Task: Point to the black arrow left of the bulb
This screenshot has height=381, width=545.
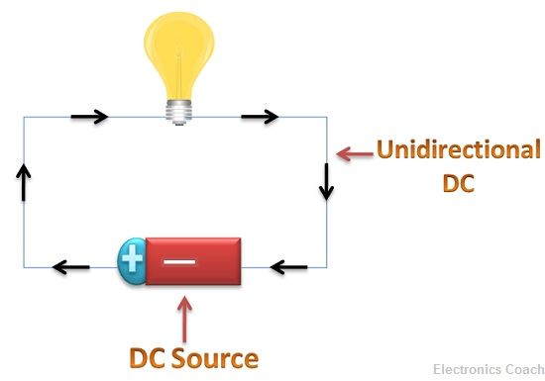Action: click(89, 117)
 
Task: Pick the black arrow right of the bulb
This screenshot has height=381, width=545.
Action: click(261, 117)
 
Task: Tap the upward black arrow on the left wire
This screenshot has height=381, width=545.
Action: click(25, 183)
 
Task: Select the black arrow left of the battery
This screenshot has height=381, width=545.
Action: click(71, 266)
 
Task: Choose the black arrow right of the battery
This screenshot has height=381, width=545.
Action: click(289, 266)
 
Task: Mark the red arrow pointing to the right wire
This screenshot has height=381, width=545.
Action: click(353, 153)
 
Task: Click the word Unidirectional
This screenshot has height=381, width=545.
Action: click(458, 151)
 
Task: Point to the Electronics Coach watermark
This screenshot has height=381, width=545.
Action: click(485, 368)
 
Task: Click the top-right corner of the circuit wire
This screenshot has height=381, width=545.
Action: click(327, 117)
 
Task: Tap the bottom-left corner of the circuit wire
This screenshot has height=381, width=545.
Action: click(25, 267)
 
